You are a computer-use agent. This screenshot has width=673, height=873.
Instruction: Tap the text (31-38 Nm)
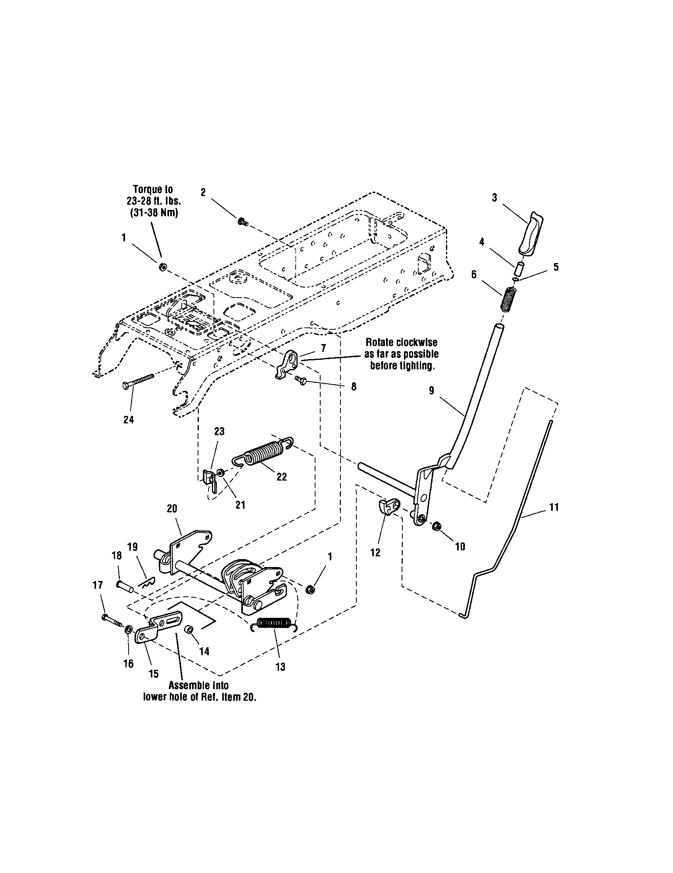(x=154, y=213)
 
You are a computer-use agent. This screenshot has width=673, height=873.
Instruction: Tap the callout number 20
(x=172, y=508)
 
